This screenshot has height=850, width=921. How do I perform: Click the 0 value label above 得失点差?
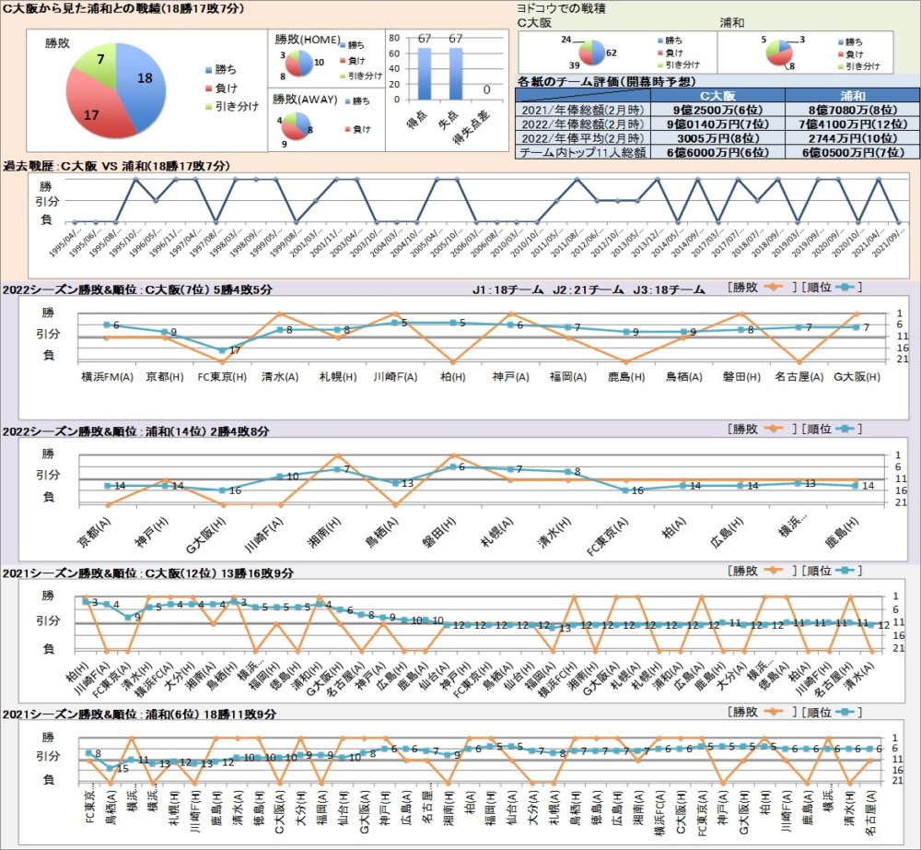[485, 90]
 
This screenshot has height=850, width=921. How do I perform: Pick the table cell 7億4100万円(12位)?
[852, 124]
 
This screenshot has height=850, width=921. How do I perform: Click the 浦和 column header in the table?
[852, 95]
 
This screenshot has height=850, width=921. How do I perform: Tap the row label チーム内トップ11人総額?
[583, 152]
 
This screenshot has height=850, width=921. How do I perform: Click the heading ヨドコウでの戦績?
[566, 6]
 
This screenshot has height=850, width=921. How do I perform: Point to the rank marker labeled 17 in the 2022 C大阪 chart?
[222, 351]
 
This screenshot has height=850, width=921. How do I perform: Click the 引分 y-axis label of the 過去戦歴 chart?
[46, 200]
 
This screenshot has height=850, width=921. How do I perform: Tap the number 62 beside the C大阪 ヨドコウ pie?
[612, 54]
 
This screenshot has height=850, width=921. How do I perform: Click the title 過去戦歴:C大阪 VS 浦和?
[118, 166]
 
